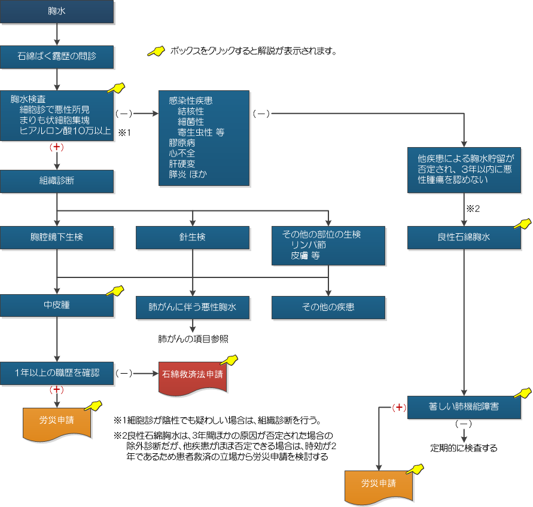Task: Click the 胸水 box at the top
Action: pos(57,12)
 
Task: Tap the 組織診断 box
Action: pos(57,181)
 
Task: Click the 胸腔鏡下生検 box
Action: pos(57,237)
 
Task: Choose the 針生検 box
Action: pos(193,237)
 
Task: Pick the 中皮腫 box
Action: pos(57,305)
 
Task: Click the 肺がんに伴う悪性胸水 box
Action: pos(193,307)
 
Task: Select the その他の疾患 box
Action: pos(328,307)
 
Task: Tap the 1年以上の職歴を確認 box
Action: pos(57,372)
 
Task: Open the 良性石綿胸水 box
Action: pos(464,237)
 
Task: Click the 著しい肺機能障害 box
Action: pos(464,407)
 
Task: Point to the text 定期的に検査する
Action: pos(464,447)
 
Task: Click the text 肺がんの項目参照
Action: pos(193,338)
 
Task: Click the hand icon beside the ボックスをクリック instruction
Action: pos(156,51)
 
